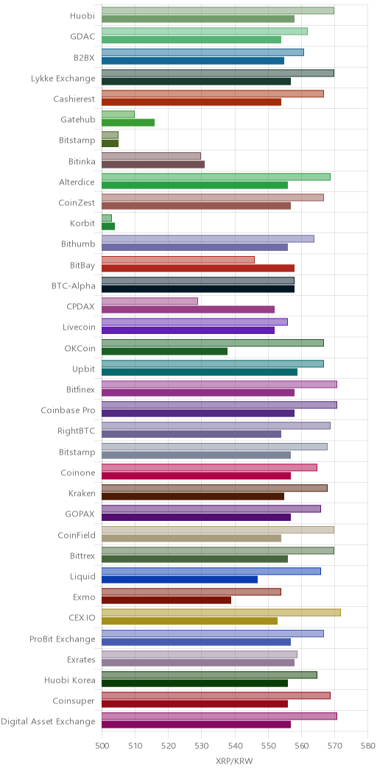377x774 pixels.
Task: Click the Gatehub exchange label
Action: pos(77,119)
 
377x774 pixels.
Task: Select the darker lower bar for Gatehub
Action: pos(128,122)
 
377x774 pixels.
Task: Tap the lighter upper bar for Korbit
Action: pos(107,219)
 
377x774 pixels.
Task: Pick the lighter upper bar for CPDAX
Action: pos(149,301)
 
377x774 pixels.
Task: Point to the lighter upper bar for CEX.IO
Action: pos(222,613)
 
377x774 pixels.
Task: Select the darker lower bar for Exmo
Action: pos(166,600)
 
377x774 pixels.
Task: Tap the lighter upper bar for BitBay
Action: pos(178,260)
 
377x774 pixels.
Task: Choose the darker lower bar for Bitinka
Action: pos(153,164)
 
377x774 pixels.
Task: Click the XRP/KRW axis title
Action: pos(235,761)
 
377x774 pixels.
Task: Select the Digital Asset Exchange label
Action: pos(48,722)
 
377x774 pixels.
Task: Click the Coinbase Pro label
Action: pos(68,411)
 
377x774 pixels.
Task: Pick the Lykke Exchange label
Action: pos(63,78)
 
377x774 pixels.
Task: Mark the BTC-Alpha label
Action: pos(73,285)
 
